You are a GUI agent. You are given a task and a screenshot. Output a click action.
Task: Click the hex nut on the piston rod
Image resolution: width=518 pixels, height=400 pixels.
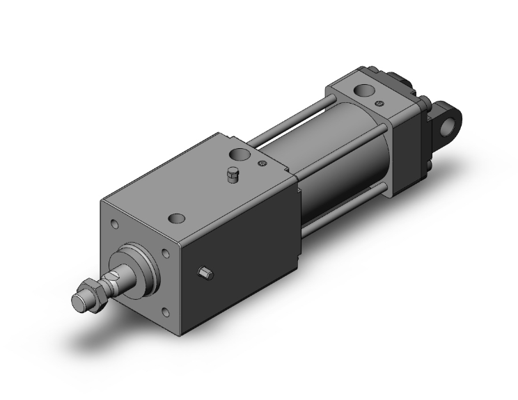point(91,287)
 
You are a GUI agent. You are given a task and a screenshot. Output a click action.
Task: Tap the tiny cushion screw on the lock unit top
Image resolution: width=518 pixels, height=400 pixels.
point(261,164)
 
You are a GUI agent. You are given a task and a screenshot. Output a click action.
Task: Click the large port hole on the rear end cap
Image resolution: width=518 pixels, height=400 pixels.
point(363,90)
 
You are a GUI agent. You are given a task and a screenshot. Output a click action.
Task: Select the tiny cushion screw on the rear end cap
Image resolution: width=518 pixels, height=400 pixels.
point(379,104)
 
